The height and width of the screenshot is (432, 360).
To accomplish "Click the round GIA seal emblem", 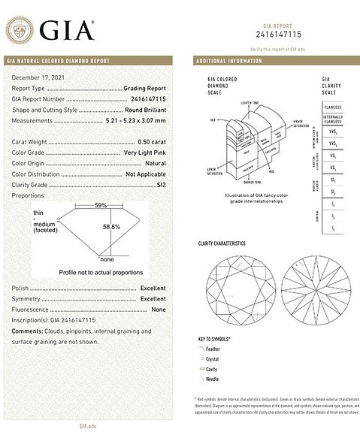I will (x=20, y=32).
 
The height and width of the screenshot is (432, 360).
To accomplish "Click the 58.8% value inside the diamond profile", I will (x=112, y=225).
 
